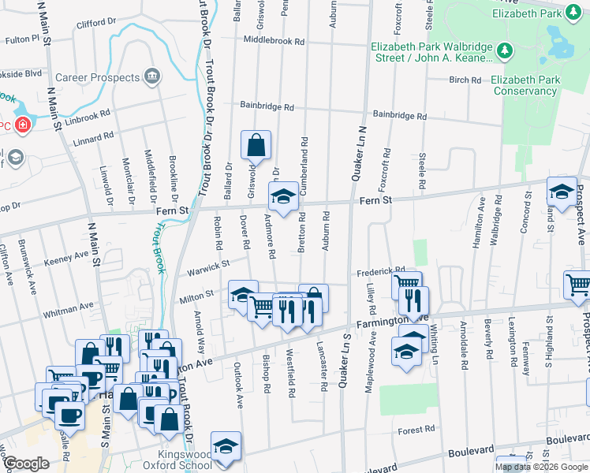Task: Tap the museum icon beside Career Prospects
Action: pyautogui.click(x=152, y=77)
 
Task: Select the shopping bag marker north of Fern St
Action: pyautogui.click(x=256, y=146)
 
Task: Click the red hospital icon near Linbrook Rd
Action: pyautogui.click(x=24, y=125)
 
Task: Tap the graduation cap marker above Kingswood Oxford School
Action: pyautogui.click(x=226, y=445)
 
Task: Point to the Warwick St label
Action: pyautogui.click(x=208, y=267)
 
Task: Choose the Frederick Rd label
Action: pyautogui.click(x=380, y=270)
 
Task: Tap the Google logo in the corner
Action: pyautogui.click(x=26, y=464)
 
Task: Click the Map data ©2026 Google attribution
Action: pyautogui.click(x=541, y=467)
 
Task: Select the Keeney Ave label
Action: pyautogui.click(x=66, y=258)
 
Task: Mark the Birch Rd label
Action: pyautogui.click(x=465, y=80)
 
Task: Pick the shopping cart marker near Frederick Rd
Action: pyautogui.click(x=406, y=284)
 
